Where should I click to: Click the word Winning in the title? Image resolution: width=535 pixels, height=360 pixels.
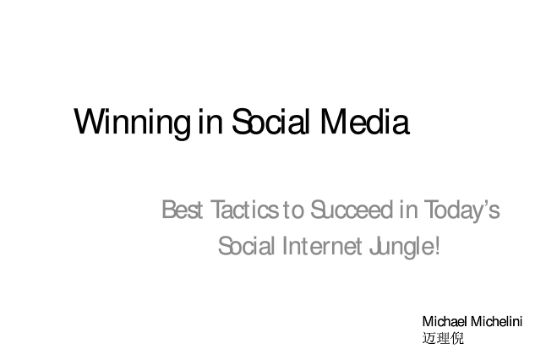click(x=132, y=123)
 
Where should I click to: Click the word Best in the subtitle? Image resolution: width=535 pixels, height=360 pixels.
click(x=183, y=210)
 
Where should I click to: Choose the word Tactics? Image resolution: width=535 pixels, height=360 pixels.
click(x=244, y=210)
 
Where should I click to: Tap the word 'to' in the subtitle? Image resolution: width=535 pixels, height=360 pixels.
click(x=293, y=210)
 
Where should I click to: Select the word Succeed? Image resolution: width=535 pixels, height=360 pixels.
click(x=352, y=210)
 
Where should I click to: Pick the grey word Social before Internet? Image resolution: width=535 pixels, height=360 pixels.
click(x=246, y=246)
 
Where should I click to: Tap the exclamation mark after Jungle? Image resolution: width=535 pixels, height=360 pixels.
click(x=437, y=246)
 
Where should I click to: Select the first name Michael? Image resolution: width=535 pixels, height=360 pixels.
click(x=445, y=321)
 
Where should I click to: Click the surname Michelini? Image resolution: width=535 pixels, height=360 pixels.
click(x=496, y=321)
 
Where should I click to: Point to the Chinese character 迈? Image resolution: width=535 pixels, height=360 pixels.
click(x=429, y=338)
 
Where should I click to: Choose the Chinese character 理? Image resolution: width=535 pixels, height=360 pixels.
click(x=443, y=338)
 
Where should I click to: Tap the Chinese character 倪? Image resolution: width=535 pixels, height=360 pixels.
click(x=457, y=338)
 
